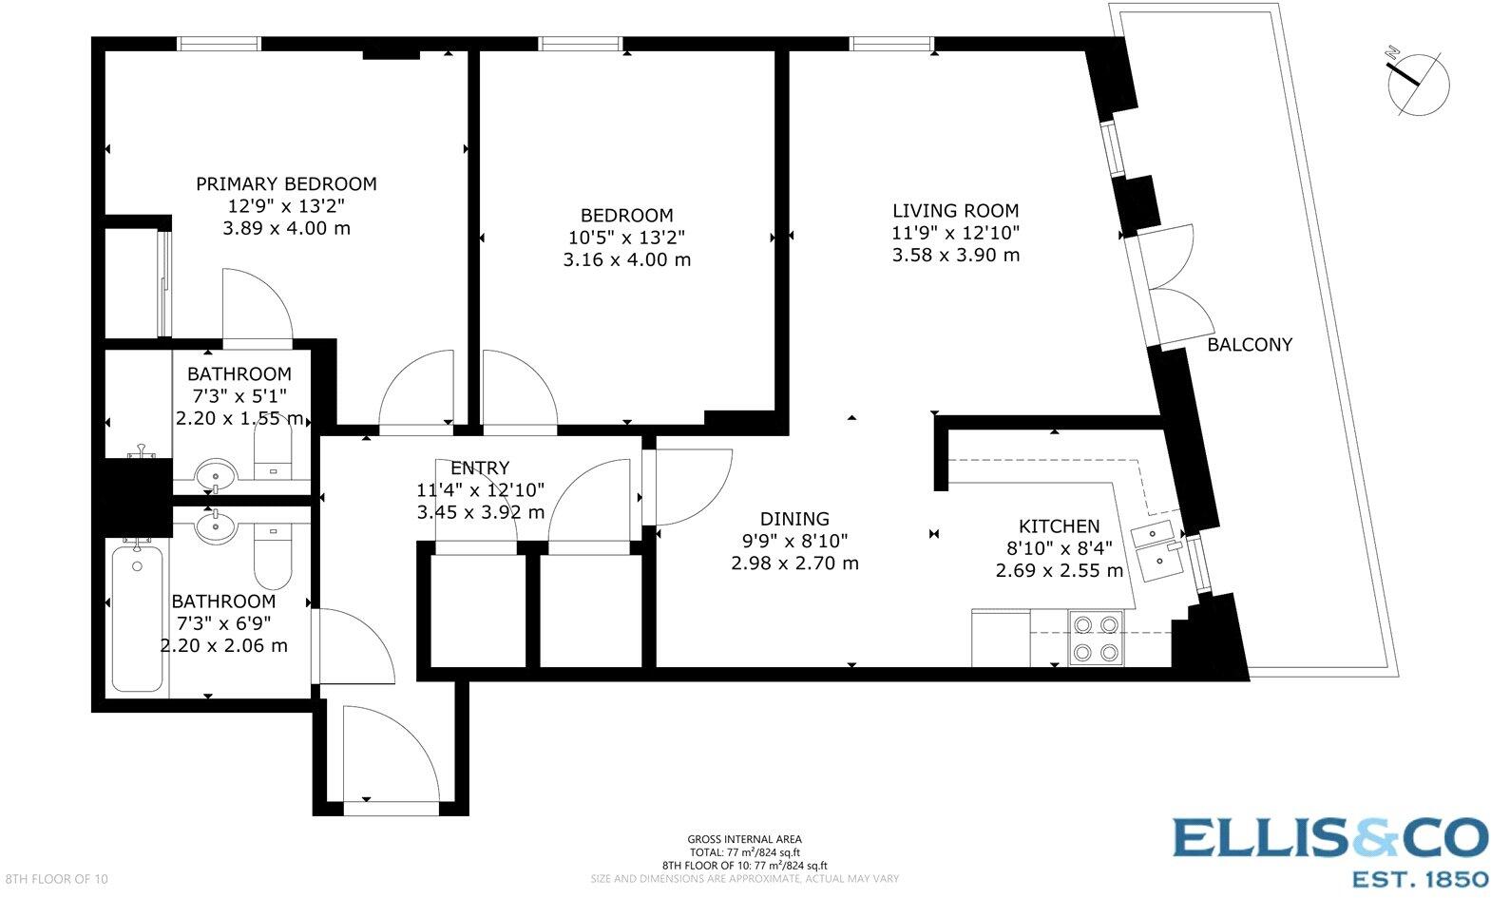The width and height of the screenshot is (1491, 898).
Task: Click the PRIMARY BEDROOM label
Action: pyautogui.click(x=286, y=183)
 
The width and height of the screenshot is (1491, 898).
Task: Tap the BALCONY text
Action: pyautogui.click(x=1249, y=345)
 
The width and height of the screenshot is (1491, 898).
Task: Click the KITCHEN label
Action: pyautogui.click(x=1059, y=526)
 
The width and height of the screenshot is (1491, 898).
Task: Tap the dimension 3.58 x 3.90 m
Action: pyautogui.click(x=955, y=255)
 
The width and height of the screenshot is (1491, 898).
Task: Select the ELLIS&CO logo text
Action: pyautogui.click(x=1329, y=838)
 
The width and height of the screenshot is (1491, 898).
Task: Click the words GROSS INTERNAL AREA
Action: pyautogui.click(x=744, y=839)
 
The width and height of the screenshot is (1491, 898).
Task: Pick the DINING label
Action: pyautogui.click(x=794, y=519)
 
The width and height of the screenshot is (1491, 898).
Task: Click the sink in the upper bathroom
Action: pyautogui.click(x=216, y=473)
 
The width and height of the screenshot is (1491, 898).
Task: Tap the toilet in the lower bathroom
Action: pyautogui.click(x=273, y=560)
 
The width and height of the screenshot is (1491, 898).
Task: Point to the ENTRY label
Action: pyautogui.click(x=480, y=468)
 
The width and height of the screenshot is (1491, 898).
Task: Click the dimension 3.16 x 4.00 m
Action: pyautogui.click(x=626, y=259)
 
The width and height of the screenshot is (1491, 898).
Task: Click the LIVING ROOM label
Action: pyautogui.click(x=955, y=211)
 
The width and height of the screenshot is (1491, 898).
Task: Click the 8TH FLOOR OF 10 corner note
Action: pyautogui.click(x=55, y=879)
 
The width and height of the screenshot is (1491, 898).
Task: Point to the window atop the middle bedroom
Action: pyautogui.click(x=581, y=43)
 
